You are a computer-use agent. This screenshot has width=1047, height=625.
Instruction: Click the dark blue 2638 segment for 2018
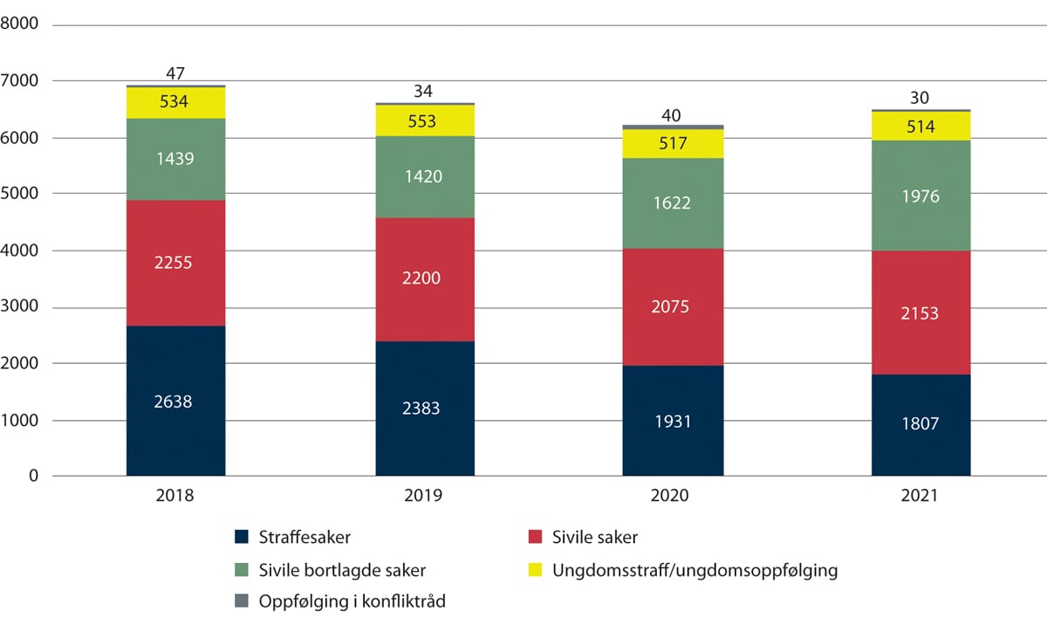tap(175, 401)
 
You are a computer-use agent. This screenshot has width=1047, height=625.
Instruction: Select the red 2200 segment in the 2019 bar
tap(425, 279)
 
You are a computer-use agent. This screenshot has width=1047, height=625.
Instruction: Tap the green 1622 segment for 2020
tap(672, 203)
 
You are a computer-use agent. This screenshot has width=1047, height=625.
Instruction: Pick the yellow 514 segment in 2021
tap(920, 126)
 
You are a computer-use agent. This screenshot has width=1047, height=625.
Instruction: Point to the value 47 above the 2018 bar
tap(175, 73)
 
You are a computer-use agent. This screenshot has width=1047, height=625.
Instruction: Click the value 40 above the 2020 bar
tap(672, 114)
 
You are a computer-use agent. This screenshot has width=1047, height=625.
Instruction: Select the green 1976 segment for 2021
tap(920, 196)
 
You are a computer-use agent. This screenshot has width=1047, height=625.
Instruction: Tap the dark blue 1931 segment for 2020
tap(672, 421)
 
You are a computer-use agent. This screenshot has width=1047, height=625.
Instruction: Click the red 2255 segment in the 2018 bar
tap(175, 263)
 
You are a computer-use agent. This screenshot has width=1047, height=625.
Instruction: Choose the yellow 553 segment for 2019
tap(425, 120)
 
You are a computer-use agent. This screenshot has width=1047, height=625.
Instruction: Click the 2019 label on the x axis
tap(424, 496)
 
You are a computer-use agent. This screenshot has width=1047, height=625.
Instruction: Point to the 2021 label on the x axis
tap(920, 496)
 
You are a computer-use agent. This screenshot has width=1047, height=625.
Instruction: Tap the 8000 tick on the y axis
tap(21, 24)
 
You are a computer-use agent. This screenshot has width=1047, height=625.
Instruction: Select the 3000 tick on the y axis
tap(21, 307)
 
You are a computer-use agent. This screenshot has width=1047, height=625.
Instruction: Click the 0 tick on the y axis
tap(33, 477)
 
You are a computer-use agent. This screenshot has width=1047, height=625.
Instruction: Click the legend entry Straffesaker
tap(297, 537)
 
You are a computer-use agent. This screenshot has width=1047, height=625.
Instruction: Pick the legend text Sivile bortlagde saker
tap(342, 571)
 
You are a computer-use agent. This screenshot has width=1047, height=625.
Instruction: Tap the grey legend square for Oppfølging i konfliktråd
tap(241, 601)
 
